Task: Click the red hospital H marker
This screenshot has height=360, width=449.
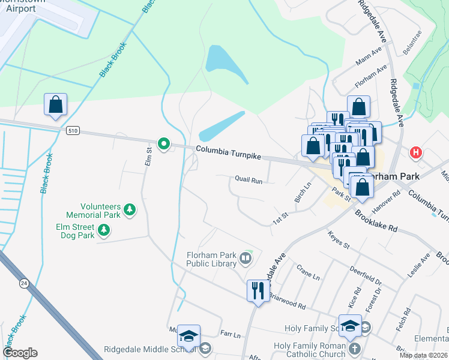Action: pyautogui.click(x=415, y=153)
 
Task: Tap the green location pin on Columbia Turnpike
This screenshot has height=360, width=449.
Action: pyautogui.click(x=163, y=144)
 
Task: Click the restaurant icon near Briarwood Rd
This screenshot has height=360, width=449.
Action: pyautogui.click(x=258, y=291)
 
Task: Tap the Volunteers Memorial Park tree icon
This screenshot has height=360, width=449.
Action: pyautogui.click(x=130, y=210)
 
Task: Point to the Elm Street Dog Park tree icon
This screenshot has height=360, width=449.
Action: pyautogui.click(x=104, y=230)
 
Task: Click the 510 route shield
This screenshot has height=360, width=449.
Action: pyautogui.click(x=73, y=130)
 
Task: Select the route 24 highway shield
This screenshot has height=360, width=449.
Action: pyautogui.click(x=25, y=284)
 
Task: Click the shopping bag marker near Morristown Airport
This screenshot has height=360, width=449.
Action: pyautogui.click(x=55, y=105)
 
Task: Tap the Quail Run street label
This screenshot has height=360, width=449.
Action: pyautogui.click(x=248, y=179)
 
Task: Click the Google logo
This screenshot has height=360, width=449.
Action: pyautogui.click(x=20, y=353)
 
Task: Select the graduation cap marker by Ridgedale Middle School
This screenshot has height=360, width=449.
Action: pyautogui.click(x=188, y=337)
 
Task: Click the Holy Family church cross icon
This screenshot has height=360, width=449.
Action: pyautogui.click(x=354, y=349)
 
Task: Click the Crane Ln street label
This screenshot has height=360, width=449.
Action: pyautogui.click(x=309, y=272)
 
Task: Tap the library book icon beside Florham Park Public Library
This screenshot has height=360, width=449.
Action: pyautogui.click(x=245, y=259)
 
